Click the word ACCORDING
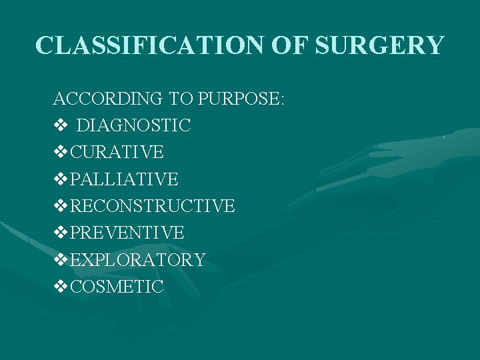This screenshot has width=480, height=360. click(x=107, y=99)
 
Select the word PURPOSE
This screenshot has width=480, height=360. click(x=240, y=99)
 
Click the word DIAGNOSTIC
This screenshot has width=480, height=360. click(x=134, y=125)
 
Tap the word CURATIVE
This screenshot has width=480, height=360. click(x=117, y=152)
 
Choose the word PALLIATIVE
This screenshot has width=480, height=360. click(x=124, y=179)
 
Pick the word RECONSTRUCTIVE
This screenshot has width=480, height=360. click(x=152, y=206)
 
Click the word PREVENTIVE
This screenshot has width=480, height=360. click(x=127, y=233)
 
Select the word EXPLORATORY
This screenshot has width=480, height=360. click(x=137, y=260)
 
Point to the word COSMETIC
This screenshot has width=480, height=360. click(x=117, y=287)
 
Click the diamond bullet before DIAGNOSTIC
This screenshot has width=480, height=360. click(x=60, y=125)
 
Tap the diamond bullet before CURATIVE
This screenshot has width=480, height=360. click(x=60, y=152)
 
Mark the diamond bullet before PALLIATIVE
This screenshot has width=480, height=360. click(x=60, y=179)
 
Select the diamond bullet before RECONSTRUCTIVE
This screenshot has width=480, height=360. click(x=60, y=206)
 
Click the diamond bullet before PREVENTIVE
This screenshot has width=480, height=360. click(x=60, y=233)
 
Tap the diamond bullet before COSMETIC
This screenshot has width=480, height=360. click(x=60, y=287)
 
